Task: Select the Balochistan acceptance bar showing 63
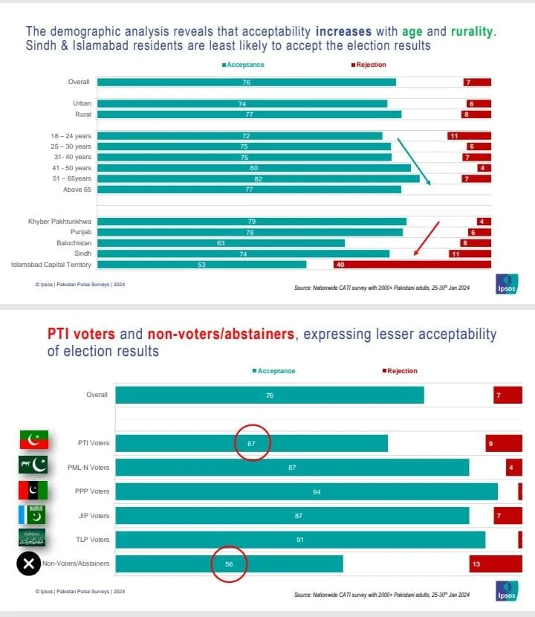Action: (221, 242)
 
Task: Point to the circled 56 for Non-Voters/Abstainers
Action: (230, 564)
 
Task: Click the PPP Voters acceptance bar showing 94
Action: (307, 491)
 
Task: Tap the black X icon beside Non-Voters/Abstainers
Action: (28, 563)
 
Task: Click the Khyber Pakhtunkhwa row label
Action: (59, 222)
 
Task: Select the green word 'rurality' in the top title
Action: (467, 32)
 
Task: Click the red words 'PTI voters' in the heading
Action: (81, 334)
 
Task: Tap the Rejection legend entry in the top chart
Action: (369, 65)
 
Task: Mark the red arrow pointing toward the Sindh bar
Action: (427, 238)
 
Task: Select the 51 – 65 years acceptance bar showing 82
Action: (258, 178)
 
